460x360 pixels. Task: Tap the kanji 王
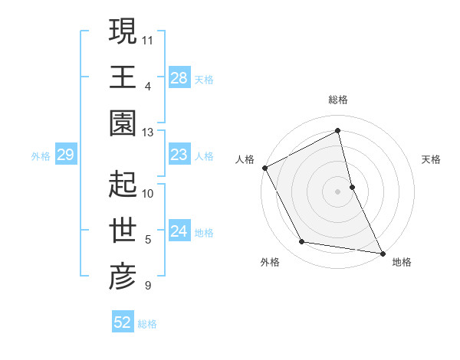point(123,77)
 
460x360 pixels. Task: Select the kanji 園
point(123,123)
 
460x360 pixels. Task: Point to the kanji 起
point(123,184)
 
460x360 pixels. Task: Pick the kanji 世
point(123,231)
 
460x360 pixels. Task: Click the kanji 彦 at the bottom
point(123,277)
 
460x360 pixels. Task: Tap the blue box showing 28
point(179,78)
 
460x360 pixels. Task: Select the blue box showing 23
point(179,155)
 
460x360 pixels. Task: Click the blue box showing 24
point(179,232)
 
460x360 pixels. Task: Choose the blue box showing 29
point(65,155)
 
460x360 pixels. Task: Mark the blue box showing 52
point(122,322)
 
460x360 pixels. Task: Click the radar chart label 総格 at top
point(338,100)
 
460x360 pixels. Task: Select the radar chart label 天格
point(431,159)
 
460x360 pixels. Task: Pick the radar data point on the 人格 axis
point(265,168)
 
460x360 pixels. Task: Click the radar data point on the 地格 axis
point(383,252)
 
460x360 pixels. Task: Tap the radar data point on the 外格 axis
point(302,242)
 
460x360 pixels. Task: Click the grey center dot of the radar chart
point(338,191)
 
